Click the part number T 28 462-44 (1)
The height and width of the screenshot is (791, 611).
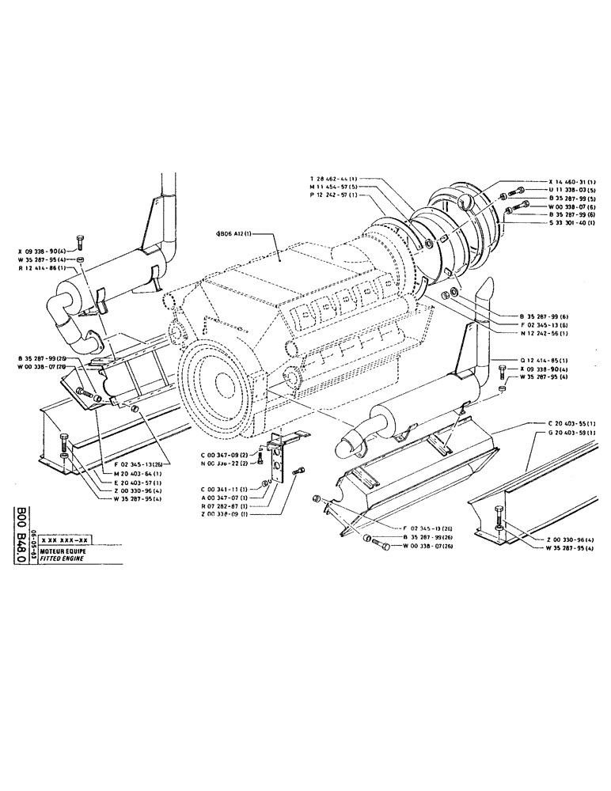[x=337, y=179]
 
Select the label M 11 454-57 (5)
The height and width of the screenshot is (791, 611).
[x=337, y=187]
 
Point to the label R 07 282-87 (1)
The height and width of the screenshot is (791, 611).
[x=224, y=505]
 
